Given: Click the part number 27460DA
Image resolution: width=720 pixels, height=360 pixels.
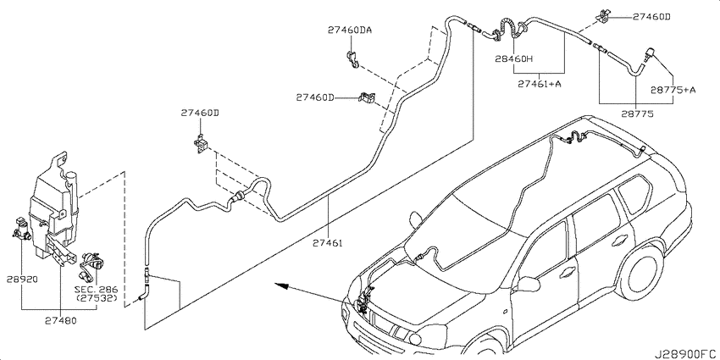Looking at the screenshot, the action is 350,30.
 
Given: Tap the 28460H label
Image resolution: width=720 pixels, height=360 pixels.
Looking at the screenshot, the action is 513,58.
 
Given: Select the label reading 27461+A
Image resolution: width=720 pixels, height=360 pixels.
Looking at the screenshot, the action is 539,84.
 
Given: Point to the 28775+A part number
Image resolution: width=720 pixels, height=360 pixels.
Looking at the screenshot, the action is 673,90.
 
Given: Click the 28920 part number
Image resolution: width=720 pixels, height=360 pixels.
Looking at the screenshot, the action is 22,279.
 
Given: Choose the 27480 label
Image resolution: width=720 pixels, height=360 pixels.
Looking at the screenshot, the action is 61,320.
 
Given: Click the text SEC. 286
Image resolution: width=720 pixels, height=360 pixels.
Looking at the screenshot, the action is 96,290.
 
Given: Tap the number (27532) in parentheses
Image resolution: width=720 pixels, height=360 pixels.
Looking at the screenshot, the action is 96,298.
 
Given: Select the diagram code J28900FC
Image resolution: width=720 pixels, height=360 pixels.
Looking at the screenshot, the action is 686,354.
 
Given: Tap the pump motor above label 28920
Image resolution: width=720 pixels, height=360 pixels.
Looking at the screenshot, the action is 21,228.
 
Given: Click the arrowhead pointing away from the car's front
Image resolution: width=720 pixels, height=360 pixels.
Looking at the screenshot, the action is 281,285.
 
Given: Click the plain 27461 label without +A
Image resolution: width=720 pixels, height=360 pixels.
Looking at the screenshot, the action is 328,243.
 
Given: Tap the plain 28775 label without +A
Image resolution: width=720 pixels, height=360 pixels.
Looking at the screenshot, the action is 638,114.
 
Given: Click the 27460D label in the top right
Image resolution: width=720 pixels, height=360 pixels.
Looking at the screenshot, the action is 651,17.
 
